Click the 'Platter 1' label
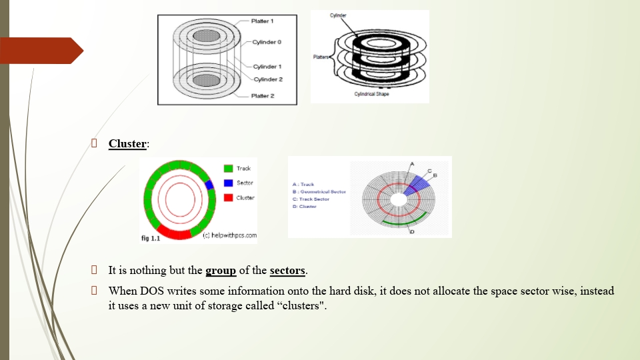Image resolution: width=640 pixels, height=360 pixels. coord(263,21)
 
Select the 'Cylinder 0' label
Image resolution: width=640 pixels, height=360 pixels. coord(267,42)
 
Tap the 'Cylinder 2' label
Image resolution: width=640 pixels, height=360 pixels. coord(267,79)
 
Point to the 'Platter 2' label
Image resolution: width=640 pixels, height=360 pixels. coord(263,96)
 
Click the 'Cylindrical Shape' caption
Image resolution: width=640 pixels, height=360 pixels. coord(372,94)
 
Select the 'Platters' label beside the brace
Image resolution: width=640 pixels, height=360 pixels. coord(321,57)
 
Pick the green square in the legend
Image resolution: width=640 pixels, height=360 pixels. coord(228,169)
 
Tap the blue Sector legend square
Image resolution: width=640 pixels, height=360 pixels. coord(228,183)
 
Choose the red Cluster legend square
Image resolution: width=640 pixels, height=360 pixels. coord(228,197)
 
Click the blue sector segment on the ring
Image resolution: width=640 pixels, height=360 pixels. coord(209,185)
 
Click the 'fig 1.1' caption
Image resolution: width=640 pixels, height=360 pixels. coord(150,237)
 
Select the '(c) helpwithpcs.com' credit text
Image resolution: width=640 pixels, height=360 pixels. coord(229,235)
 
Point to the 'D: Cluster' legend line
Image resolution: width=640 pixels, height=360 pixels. coord(304,207)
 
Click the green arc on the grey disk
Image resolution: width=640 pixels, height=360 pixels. coord(407,219)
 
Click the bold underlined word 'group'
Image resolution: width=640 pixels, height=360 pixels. coord(221,271)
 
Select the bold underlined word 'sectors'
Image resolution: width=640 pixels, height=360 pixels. coord(287,271)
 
